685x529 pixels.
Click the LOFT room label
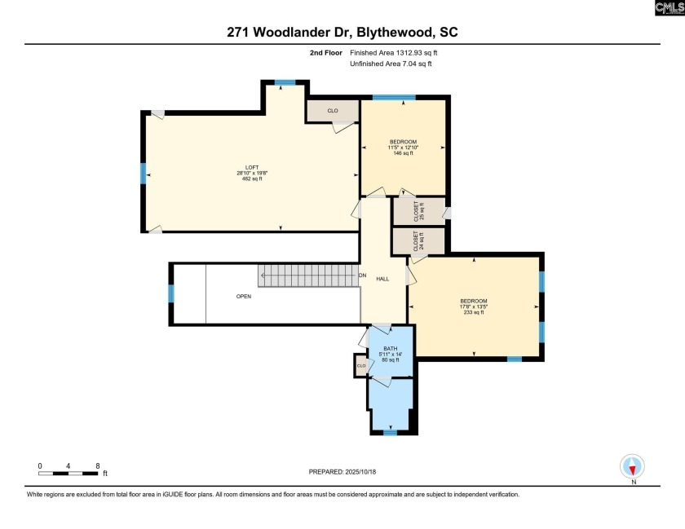tap(252, 167)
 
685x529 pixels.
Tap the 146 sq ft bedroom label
tap(403, 148)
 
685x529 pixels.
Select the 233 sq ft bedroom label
tap(474, 306)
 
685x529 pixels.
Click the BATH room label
tap(391, 349)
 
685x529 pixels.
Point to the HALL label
tap(382, 279)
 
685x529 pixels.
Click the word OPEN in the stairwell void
tap(244, 296)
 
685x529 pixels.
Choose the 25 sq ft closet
tap(419, 211)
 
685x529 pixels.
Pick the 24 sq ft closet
tap(418, 241)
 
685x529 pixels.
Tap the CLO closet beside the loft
tap(333, 111)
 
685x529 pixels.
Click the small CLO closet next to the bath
tap(361, 366)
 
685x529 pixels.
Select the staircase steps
tap(308, 276)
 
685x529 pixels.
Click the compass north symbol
tap(632, 467)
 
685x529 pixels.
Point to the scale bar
tap(68, 473)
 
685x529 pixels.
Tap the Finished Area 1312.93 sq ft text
tap(394, 53)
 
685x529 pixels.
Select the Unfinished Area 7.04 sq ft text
tap(391, 64)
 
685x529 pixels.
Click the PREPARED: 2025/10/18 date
tap(342, 472)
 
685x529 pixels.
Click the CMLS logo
tap(670, 8)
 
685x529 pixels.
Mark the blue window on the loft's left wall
tap(143, 174)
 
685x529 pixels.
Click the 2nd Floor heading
tap(326, 53)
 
